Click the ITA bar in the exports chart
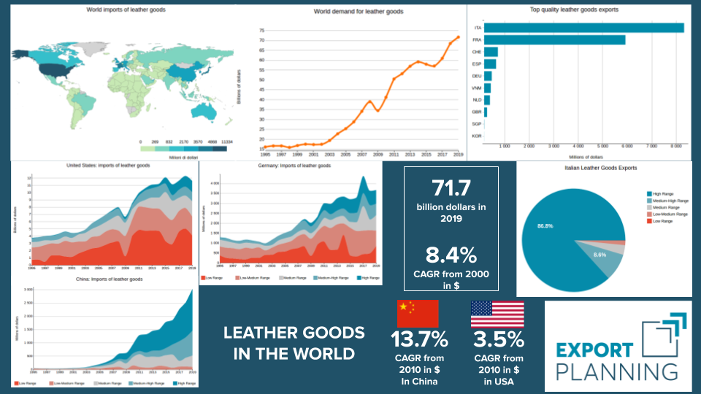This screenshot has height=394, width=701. click(x=584, y=28)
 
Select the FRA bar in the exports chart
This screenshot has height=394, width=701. click(x=555, y=39)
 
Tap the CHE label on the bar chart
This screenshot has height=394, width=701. click(x=476, y=52)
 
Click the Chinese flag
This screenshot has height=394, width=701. click(x=417, y=314)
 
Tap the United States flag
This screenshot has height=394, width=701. click(x=497, y=314)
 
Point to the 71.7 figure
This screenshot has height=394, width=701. click(x=451, y=188)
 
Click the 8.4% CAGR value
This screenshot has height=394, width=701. click(x=451, y=255)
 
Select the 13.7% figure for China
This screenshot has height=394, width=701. click(x=418, y=340)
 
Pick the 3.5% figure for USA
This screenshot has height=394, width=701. click(x=498, y=340)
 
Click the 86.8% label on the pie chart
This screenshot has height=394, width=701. click(x=545, y=226)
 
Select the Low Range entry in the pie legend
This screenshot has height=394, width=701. click(x=663, y=221)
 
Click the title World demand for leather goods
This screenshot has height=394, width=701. click(x=359, y=12)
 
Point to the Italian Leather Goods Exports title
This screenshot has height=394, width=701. click(x=601, y=168)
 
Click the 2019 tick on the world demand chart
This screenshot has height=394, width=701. click(x=458, y=155)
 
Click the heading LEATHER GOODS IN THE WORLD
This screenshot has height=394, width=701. click(x=294, y=343)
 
